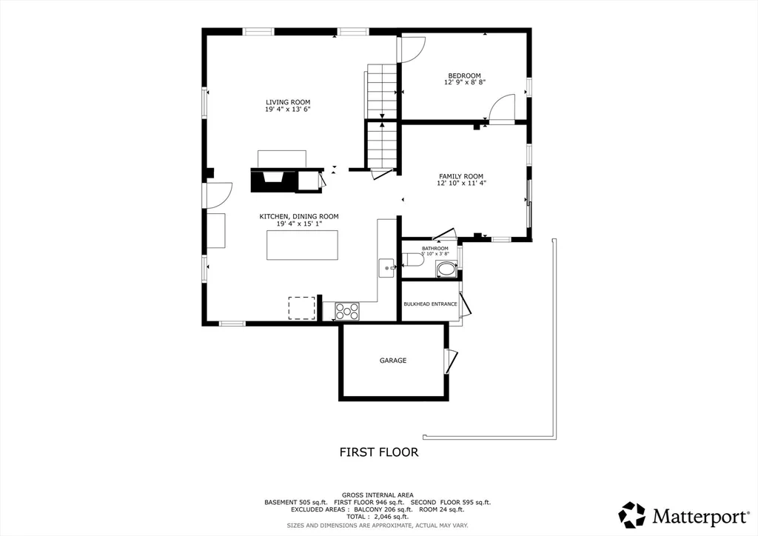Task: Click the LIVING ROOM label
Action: pos(288,102)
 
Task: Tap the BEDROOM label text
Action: pos(464,76)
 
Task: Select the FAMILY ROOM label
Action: pos(460,176)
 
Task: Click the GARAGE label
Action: pos(393,361)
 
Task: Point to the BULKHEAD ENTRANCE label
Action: pos(430,304)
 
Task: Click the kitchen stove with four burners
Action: pos(347,311)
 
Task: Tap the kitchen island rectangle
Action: pos(302,245)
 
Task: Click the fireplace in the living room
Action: pos(274,180)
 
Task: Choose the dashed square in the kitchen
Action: pos(301,307)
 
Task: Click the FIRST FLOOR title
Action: pos(378,452)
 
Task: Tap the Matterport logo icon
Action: pos(631,515)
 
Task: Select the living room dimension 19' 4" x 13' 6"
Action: pos(288,110)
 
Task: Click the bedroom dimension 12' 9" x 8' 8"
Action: pos(464,83)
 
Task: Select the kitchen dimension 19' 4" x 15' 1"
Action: pos(298,224)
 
